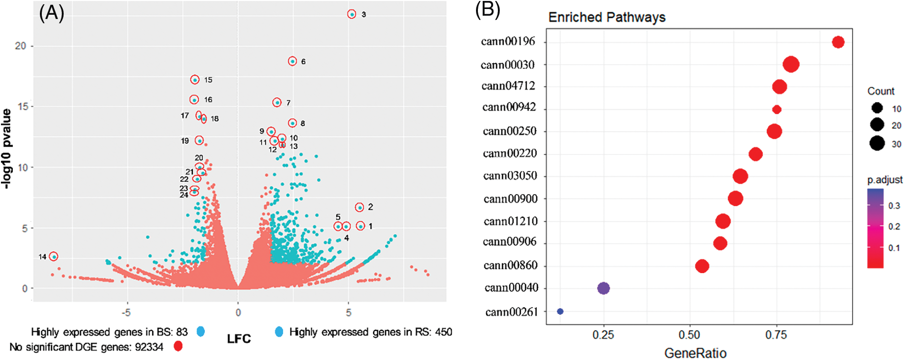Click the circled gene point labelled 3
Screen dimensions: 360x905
(x=352, y=14)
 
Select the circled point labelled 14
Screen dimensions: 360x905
(x=54, y=256)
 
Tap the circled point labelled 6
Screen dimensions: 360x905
(x=292, y=61)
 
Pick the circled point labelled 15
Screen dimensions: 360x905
(x=195, y=80)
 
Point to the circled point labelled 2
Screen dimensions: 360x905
(x=360, y=208)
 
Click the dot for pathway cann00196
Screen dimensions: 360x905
(x=838, y=42)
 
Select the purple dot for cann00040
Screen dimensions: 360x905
(x=603, y=288)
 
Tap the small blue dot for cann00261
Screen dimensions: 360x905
(x=560, y=312)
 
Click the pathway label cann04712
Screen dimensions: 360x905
(x=508, y=86)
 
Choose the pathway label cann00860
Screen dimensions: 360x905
(x=510, y=265)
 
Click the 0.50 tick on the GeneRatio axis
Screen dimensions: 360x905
(x=689, y=335)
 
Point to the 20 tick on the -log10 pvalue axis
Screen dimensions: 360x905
(x=20, y=46)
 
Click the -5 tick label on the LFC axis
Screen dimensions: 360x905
(x=126, y=313)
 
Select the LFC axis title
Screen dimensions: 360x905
(x=238, y=339)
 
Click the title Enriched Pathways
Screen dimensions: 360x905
(x=607, y=18)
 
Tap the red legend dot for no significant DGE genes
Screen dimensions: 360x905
(x=178, y=346)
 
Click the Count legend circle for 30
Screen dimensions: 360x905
(x=877, y=143)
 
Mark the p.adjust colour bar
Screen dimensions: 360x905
(x=875, y=228)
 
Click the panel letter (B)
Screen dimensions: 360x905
(x=487, y=9)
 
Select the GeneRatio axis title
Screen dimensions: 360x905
(x=695, y=353)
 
